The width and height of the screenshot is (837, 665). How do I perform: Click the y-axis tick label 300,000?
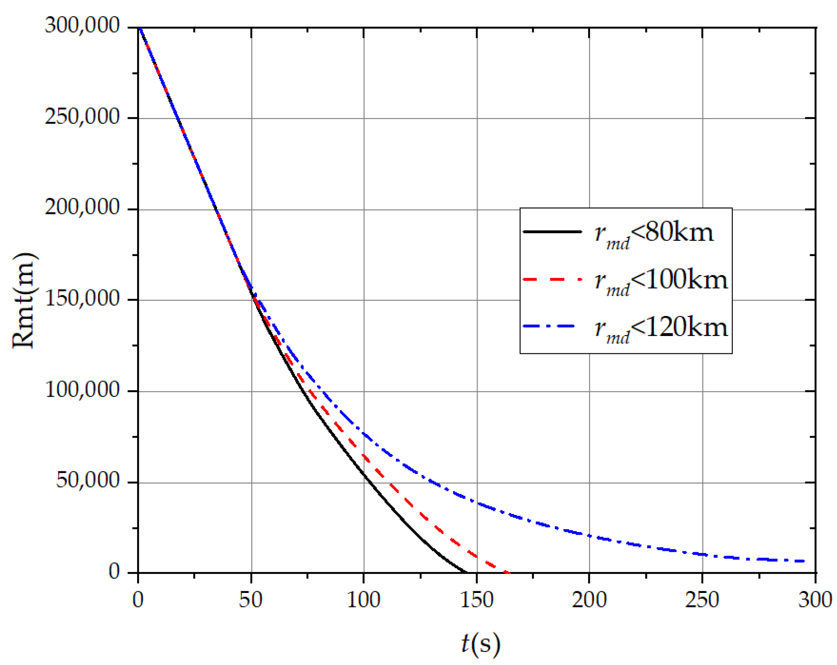click(82, 25)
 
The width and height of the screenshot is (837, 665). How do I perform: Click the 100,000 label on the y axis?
click(82, 389)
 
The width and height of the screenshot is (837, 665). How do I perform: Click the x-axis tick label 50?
click(250, 599)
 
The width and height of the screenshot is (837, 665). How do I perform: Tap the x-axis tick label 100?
click(363, 599)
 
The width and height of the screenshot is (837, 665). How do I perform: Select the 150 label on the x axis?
click(476, 599)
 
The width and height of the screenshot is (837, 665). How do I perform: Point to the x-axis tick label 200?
click(589, 599)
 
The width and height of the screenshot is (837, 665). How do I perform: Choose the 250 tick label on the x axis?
click(702, 599)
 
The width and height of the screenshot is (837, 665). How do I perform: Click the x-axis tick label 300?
click(815, 599)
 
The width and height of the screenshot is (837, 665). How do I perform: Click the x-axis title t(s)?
click(481, 644)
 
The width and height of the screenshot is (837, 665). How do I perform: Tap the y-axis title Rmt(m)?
click(24, 300)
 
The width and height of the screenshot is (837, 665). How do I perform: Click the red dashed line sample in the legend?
click(552, 279)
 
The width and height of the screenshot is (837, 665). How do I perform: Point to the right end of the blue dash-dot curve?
click(804, 561)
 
